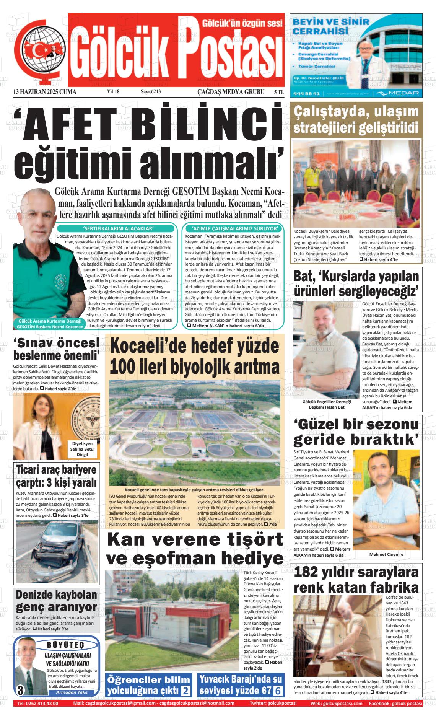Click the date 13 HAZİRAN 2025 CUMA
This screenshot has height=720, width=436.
(x=45, y=92)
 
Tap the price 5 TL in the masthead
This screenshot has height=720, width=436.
(x=278, y=92)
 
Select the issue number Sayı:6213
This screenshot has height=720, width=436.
(x=151, y=92)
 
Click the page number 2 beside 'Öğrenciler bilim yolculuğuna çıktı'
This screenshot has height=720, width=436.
(x=186, y=691)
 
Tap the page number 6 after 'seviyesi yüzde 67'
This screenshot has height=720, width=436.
(x=278, y=691)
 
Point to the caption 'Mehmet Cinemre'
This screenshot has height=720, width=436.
(x=386, y=554)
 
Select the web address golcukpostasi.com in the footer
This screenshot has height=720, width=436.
(x=342, y=703)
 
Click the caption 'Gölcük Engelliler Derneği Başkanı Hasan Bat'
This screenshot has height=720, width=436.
(x=326, y=404)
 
